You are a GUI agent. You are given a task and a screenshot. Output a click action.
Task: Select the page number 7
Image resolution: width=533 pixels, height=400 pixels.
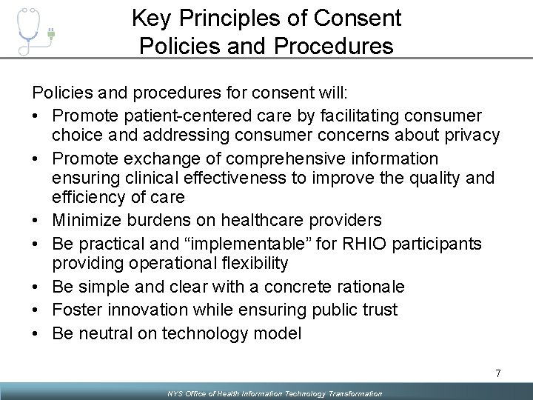(497, 373)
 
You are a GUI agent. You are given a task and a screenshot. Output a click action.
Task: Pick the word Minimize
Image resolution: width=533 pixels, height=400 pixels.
(88, 220)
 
